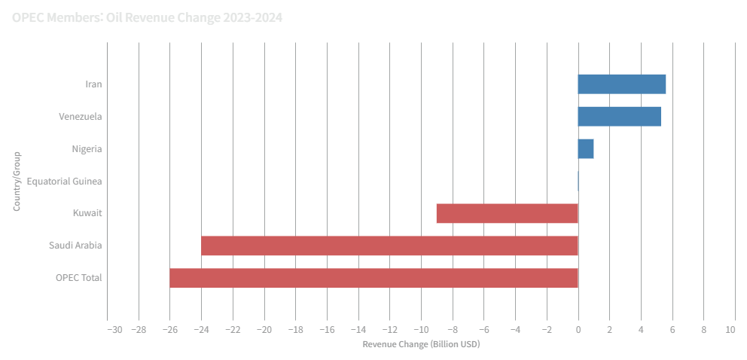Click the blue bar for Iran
[x=622, y=84]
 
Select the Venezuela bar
[x=620, y=116]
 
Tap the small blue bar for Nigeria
[x=586, y=148]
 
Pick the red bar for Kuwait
[x=507, y=213]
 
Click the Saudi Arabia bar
[x=389, y=246]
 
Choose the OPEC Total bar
[x=373, y=278]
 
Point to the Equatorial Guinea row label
[x=64, y=182]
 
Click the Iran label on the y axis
[x=93, y=84]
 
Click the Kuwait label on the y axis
[x=87, y=214]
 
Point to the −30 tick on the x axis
[x=114, y=330]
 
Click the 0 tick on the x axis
[x=578, y=330]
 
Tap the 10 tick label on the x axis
[x=730, y=330]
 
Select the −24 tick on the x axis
[x=201, y=330]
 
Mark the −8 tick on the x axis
[x=453, y=330]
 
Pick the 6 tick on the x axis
[x=672, y=330]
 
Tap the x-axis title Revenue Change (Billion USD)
[x=421, y=344]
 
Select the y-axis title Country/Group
[x=17, y=182]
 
